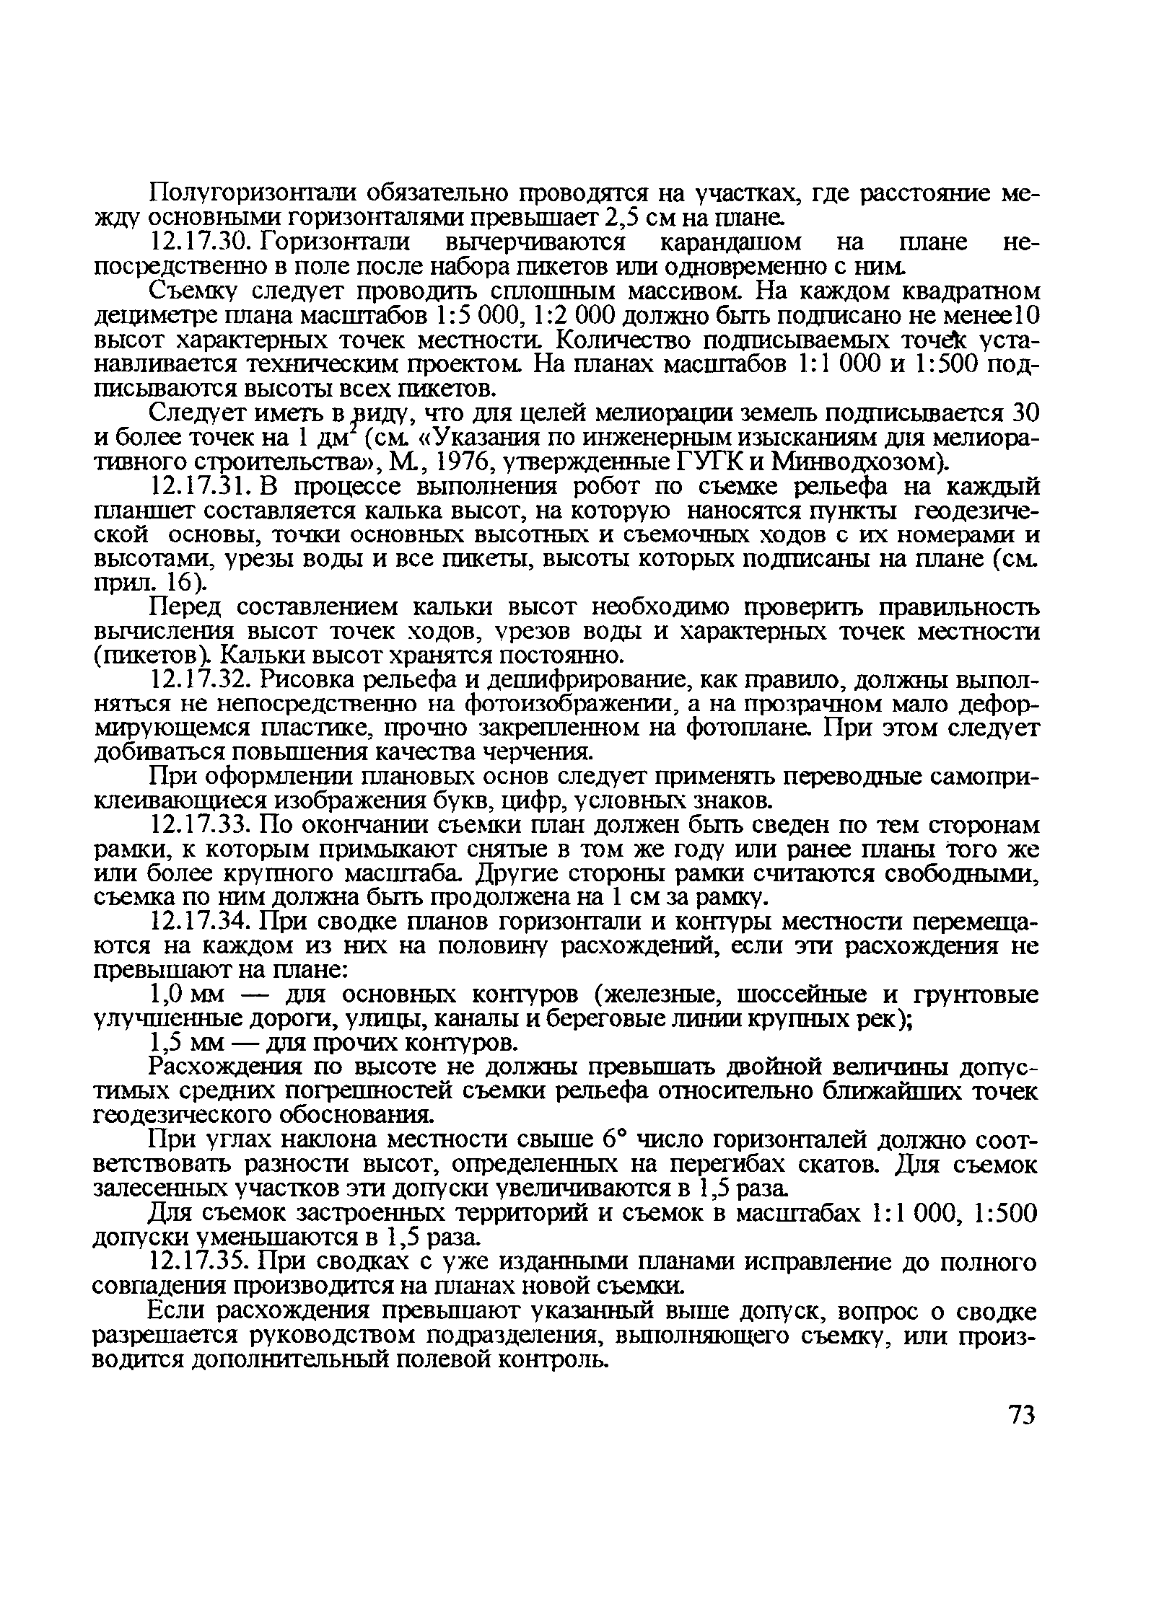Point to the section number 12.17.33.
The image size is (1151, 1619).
click(200, 825)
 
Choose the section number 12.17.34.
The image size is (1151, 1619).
click(200, 922)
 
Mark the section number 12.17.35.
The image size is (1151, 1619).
click(200, 1263)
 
